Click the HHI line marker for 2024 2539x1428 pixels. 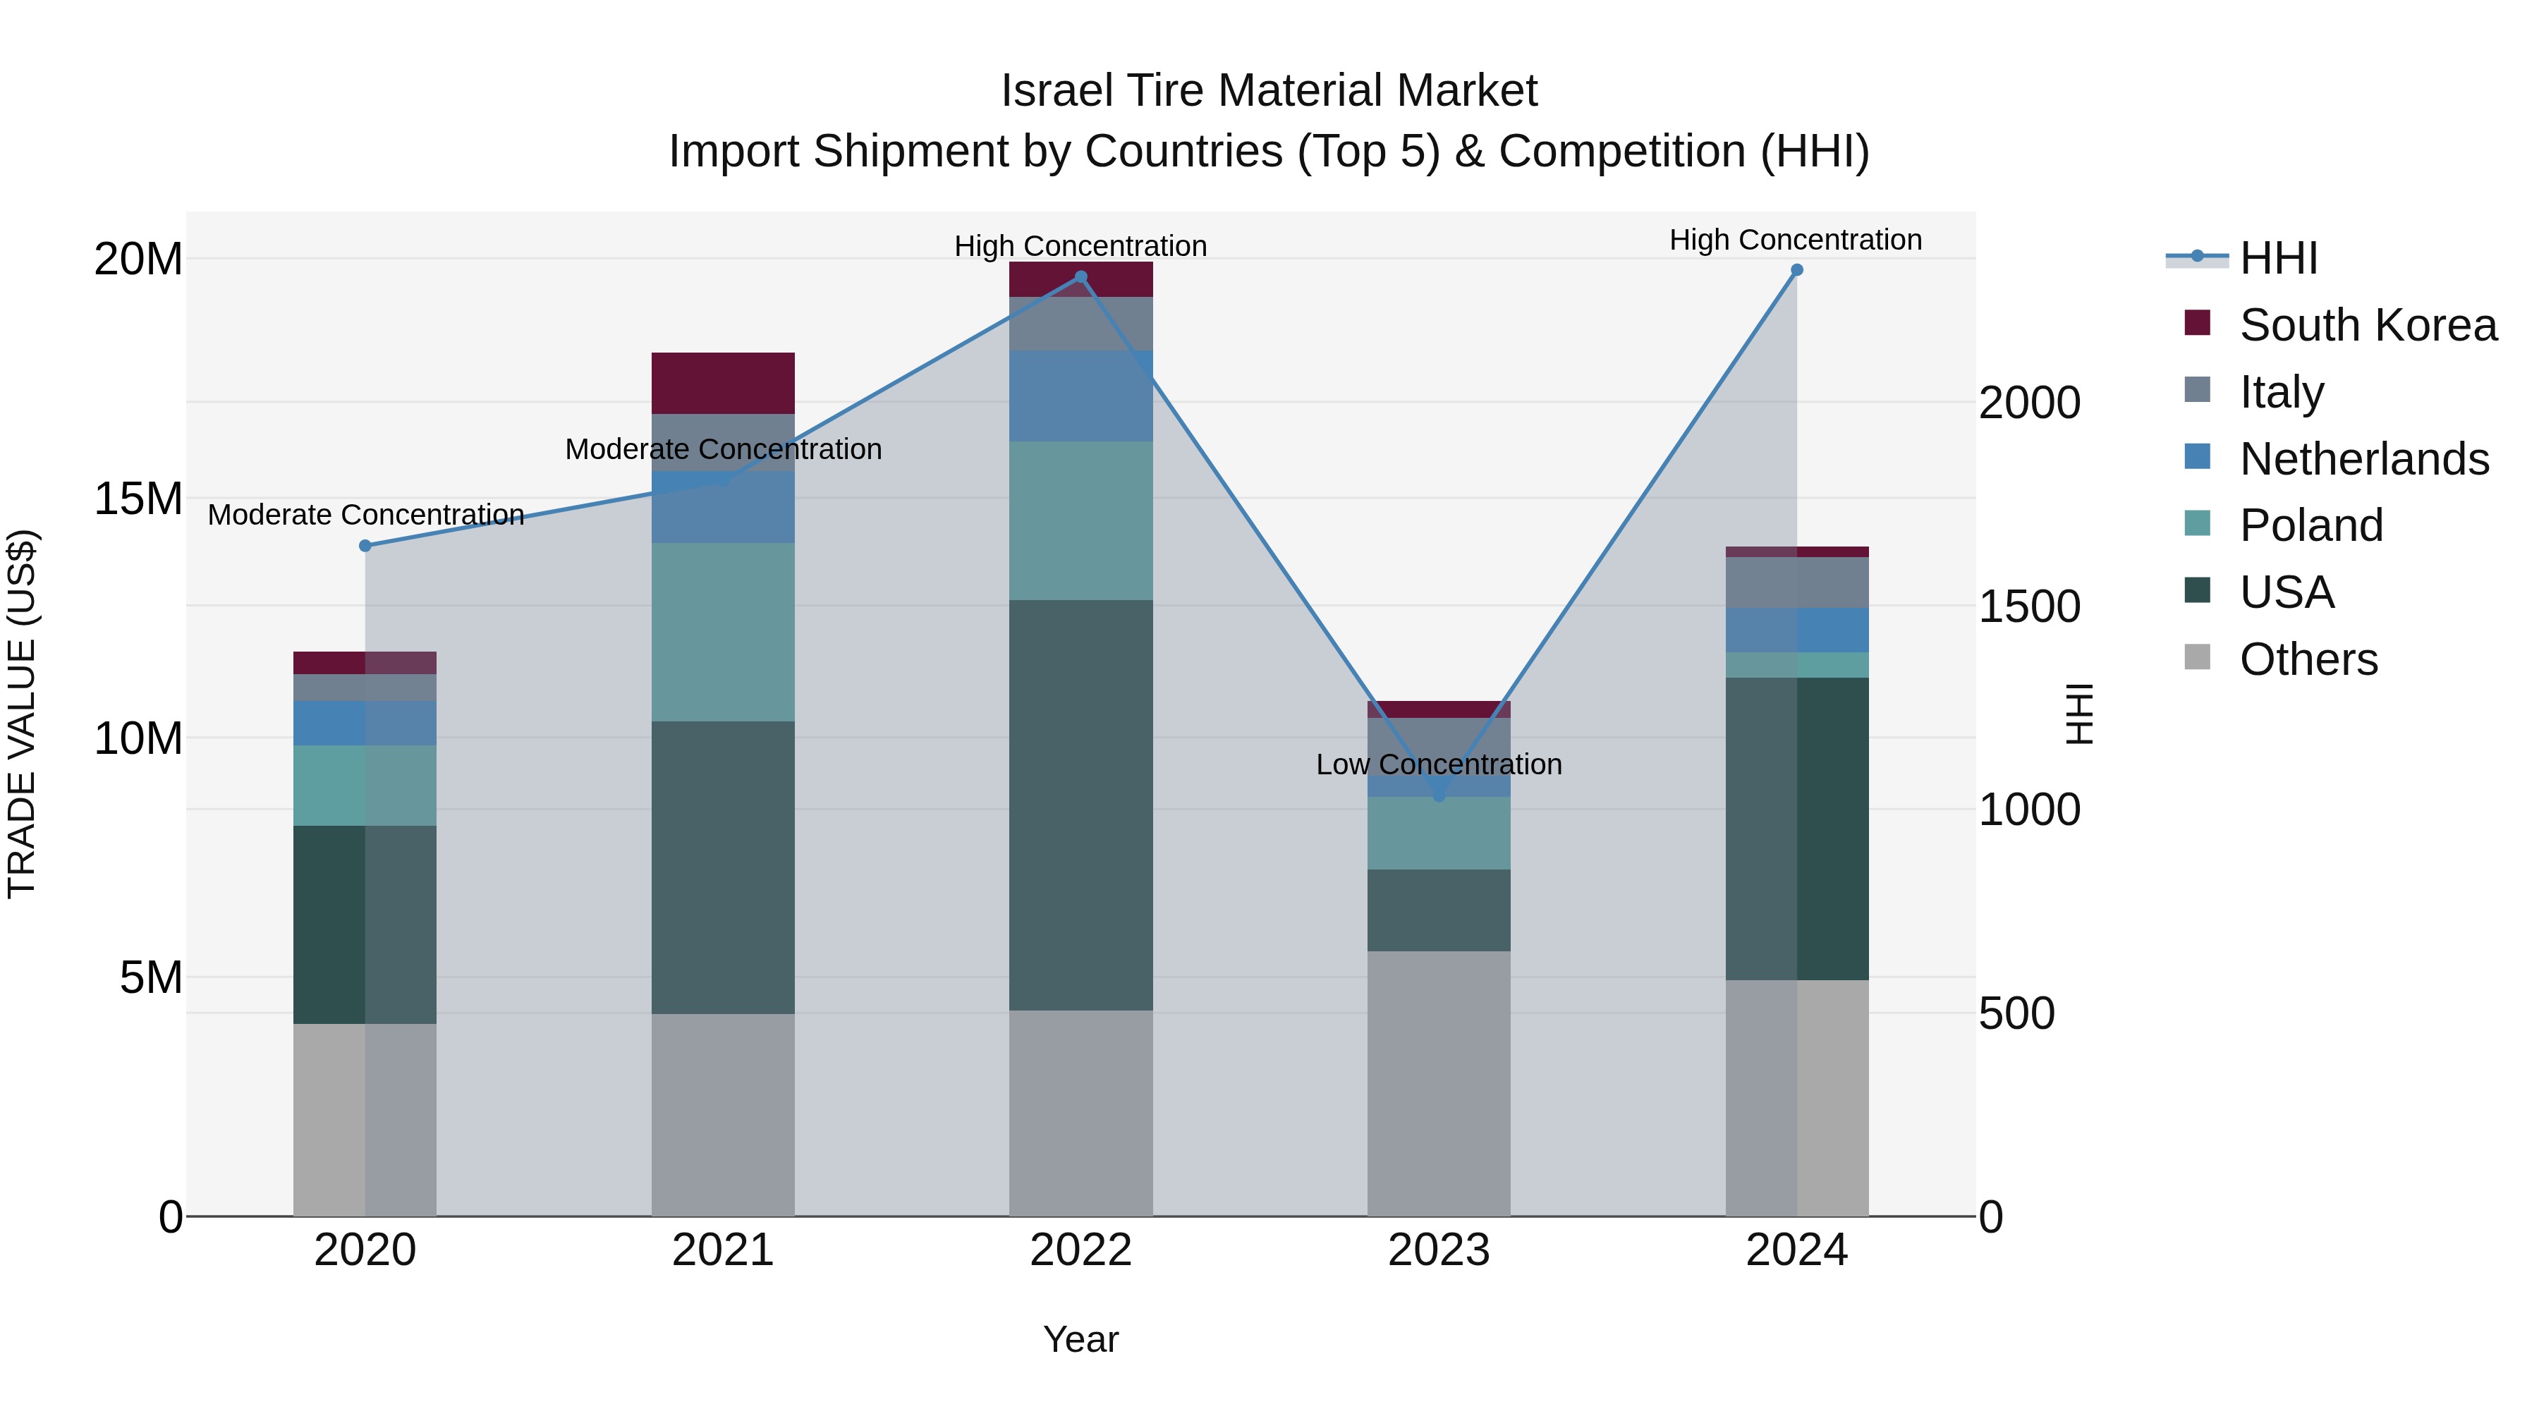pyautogui.click(x=1796, y=270)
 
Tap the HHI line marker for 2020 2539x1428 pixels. pyautogui.click(x=365, y=546)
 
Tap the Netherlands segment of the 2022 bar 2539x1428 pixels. pyautogui.click(x=1080, y=396)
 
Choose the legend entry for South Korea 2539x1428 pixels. pyautogui.click(x=2368, y=325)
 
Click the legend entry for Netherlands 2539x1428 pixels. pyautogui.click(x=2363, y=459)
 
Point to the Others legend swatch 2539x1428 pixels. pyautogui.click(x=2197, y=657)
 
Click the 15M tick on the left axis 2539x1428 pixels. pyautogui.click(x=138, y=499)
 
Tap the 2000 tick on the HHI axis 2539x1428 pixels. pyautogui.click(x=2029, y=403)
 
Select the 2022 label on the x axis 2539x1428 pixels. pyautogui.click(x=1080, y=1250)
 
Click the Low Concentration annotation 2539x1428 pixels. pyautogui.click(x=1438, y=764)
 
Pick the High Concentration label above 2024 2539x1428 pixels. pyautogui.click(x=1795, y=240)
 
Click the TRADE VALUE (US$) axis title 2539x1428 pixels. pyautogui.click(x=22, y=714)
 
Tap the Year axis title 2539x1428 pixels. pyautogui.click(x=1080, y=1339)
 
